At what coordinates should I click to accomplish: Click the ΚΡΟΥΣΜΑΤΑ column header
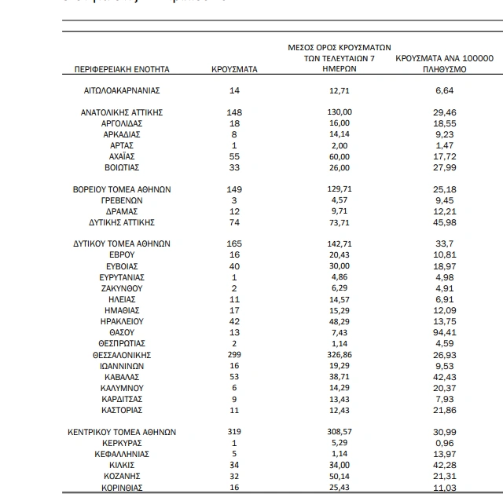pyautogui.click(x=234, y=69)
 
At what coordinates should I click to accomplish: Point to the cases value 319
pyautogui.click(x=234, y=432)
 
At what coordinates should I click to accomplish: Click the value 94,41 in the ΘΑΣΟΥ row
pyautogui.click(x=445, y=333)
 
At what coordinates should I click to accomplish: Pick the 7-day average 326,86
pyautogui.click(x=340, y=355)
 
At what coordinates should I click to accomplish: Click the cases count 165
pyautogui.click(x=234, y=243)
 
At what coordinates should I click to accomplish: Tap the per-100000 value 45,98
pyautogui.click(x=445, y=222)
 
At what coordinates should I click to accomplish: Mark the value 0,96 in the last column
pyautogui.click(x=445, y=443)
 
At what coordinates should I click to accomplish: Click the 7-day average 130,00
pyautogui.click(x=340, y=112)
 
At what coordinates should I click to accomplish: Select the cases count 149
pyautogui.click(x=234, y=189)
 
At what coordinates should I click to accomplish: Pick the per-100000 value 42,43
pyautogui.click(x=445, y=377)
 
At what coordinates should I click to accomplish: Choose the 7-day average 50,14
pyautogui.click(x=340, y=476)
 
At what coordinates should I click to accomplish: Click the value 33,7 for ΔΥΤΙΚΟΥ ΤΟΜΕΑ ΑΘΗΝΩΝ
pyautogui.click(x=445, y=243)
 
